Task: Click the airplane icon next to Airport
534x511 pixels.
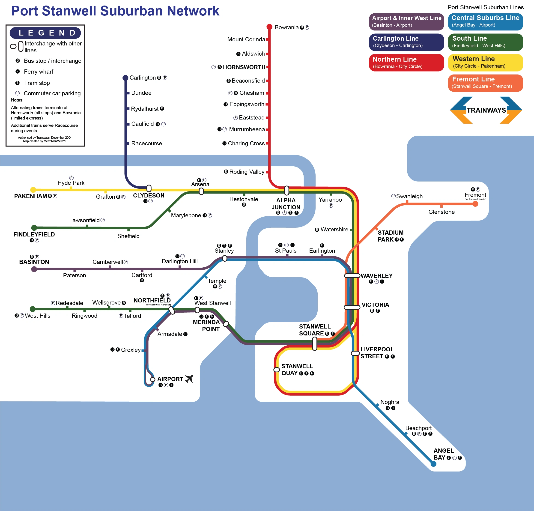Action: pos(189,379)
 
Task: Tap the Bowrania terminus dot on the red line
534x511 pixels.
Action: pos(269,27)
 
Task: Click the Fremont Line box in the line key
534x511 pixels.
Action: pos(485,83)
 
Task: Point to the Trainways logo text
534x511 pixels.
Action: pos(486,110)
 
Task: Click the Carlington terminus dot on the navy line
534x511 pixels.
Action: pos(125,78)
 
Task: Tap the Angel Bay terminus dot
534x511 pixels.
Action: pos(433,464)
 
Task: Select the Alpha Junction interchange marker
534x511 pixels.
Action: pos(286,190)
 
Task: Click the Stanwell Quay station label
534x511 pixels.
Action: pos(297,370)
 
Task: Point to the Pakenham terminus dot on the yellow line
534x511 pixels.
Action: pos(33,190)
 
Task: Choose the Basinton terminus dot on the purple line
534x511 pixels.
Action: pos(34,269)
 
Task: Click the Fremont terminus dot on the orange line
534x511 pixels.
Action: pos(475,204)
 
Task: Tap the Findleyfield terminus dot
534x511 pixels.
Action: pos(34,228)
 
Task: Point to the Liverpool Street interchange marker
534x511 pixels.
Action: pos(355,353)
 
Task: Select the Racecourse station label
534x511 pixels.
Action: pos(146,143)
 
